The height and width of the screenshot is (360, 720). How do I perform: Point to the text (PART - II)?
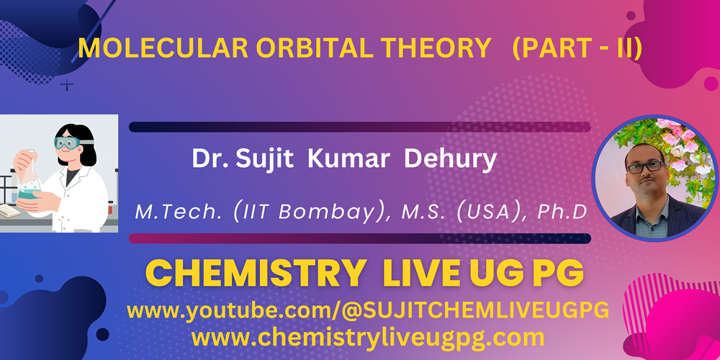(577, 50)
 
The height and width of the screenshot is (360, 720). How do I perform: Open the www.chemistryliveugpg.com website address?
(368, 338)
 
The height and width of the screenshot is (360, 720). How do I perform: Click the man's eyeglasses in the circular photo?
(644, 167)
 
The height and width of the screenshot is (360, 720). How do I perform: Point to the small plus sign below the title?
(66, 84)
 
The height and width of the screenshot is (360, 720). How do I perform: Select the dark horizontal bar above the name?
(359, 127)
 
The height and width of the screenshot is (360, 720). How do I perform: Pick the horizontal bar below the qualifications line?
(359, 238)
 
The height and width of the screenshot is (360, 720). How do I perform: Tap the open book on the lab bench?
(9, 211)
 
